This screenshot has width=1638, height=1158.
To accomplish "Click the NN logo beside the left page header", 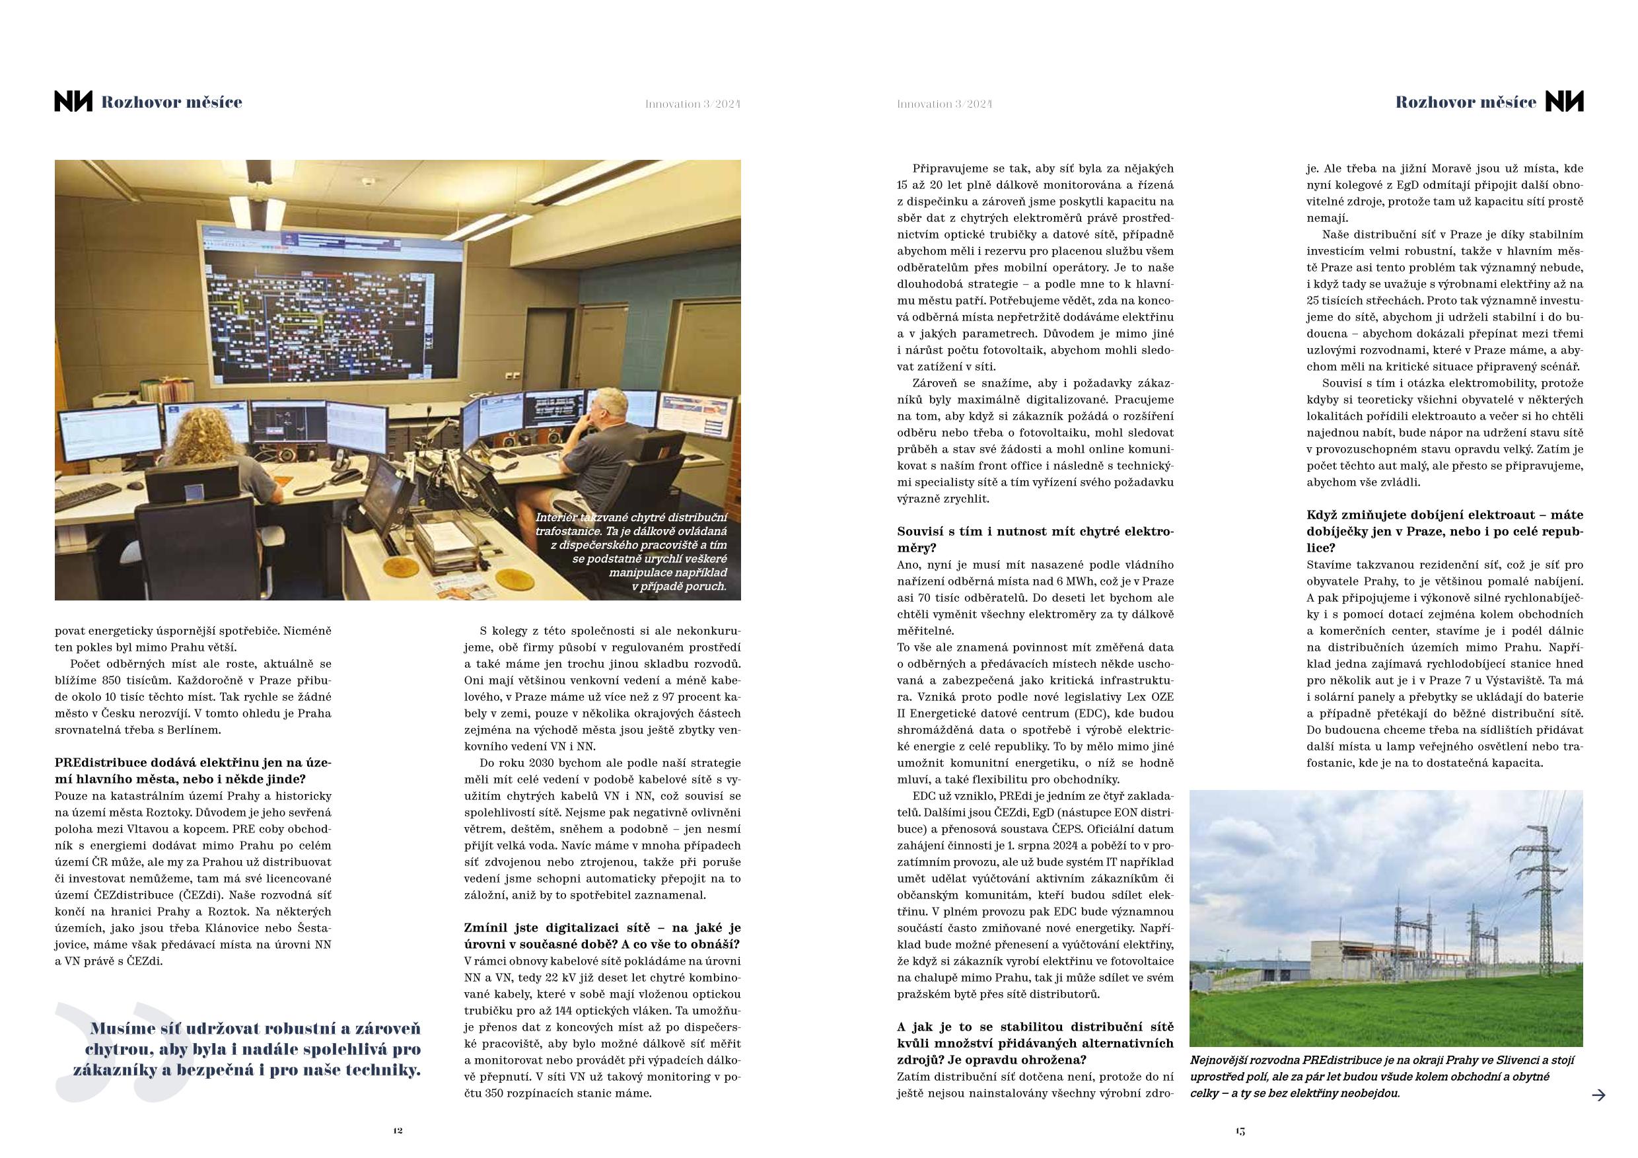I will coord(73,102).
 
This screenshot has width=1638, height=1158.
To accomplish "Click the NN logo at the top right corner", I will coord(1564,102).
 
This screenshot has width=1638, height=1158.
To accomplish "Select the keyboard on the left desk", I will coord(87,495).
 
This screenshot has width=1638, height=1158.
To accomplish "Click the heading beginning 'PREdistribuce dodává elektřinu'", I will coord(194,771).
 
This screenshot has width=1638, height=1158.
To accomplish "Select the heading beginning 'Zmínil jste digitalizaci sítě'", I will coord(602,936).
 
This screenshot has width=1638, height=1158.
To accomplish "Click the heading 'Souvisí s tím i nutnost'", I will coord(1034,540).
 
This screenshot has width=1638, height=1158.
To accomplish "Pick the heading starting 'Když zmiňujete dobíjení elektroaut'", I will coord(1444,532).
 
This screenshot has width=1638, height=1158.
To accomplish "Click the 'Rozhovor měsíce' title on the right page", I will coord(1466,102).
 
